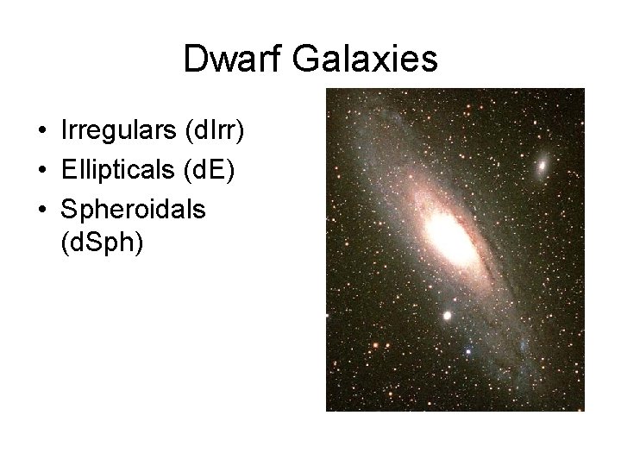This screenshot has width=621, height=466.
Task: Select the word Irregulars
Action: point(115,130)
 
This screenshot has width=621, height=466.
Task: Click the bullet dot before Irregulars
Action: point(41,132)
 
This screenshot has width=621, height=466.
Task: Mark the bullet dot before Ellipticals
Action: point(41,171)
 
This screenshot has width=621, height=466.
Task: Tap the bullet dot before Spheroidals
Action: point(41,210)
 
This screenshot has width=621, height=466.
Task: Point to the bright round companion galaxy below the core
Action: point(448,316)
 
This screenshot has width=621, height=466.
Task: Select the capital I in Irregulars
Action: point(65,130)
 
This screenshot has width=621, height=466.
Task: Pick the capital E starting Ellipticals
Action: point(68,169)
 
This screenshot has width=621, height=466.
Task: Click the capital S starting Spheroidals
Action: point(69,208)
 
